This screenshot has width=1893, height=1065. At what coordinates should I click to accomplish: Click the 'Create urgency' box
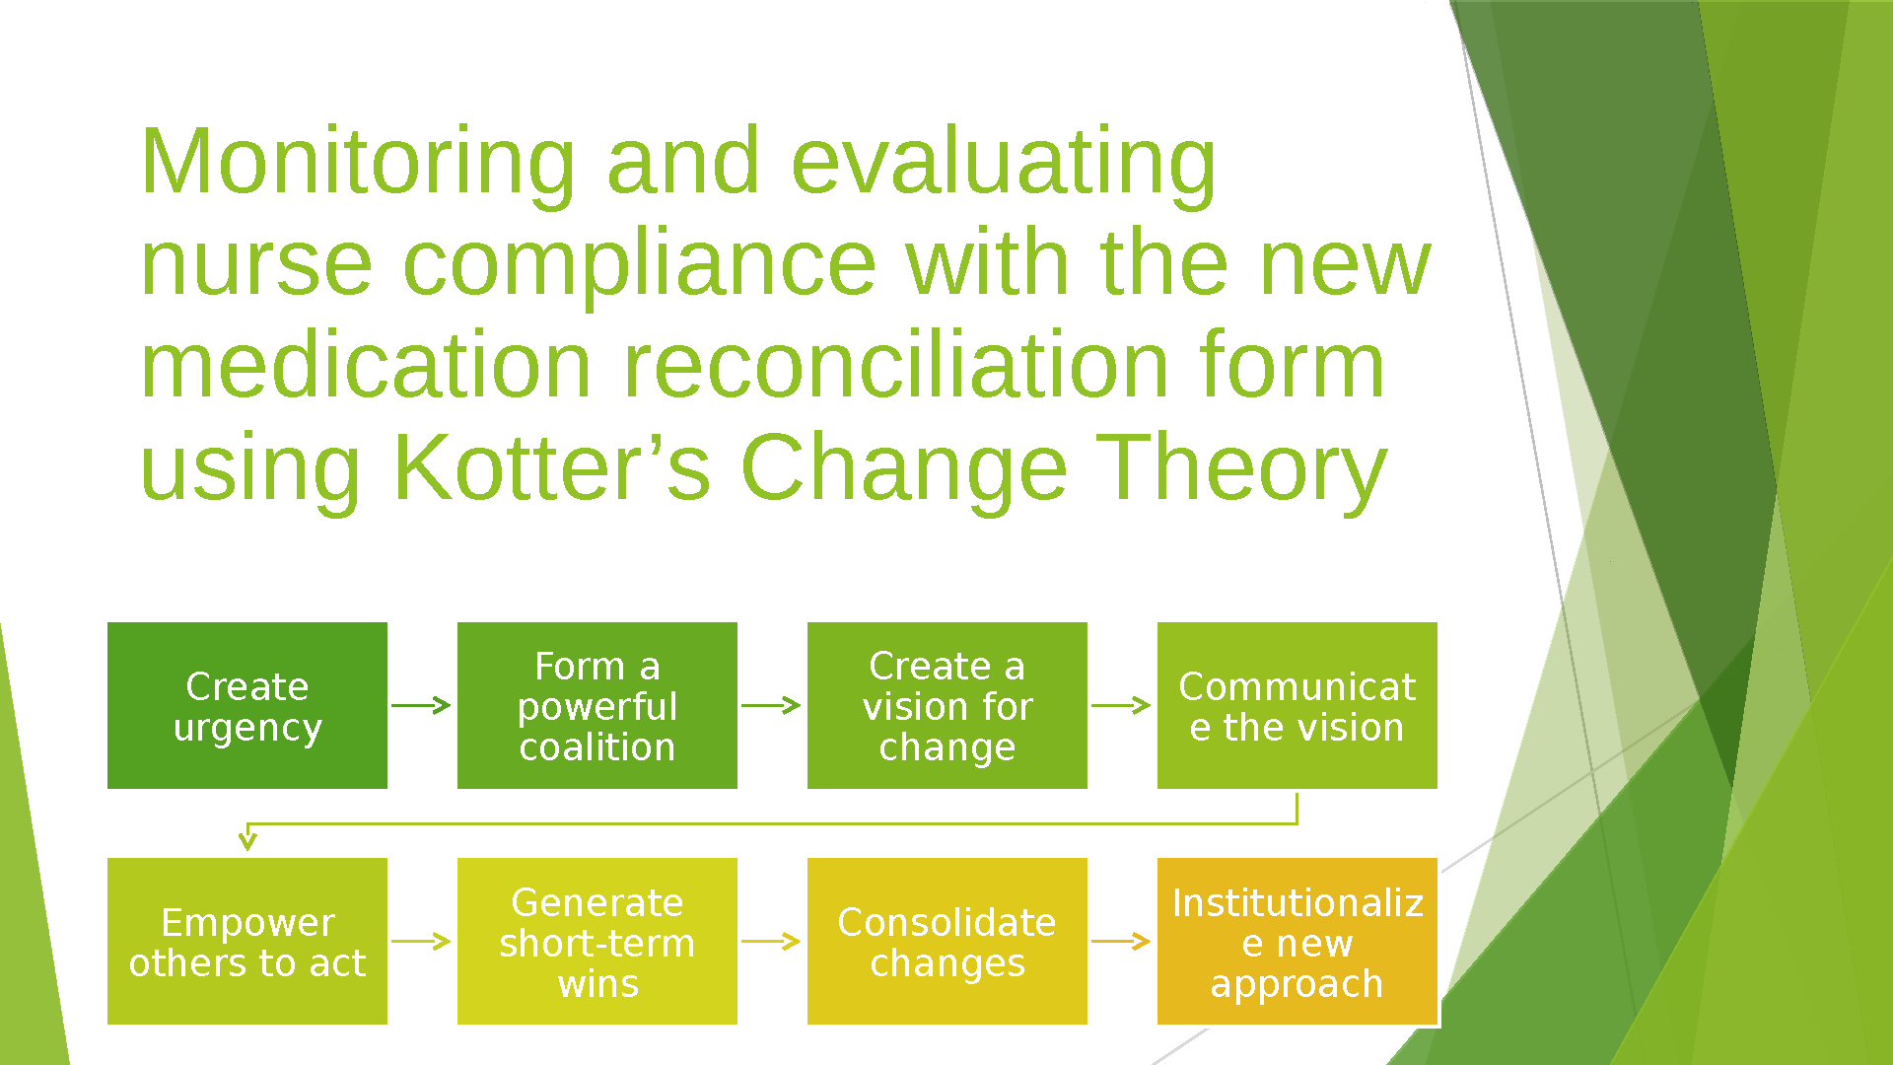point(247,705)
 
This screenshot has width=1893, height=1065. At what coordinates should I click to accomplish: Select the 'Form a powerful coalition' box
point(597,705)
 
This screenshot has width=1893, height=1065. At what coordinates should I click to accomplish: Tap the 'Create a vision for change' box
point(947,705)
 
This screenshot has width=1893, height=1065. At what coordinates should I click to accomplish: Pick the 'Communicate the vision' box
point(1297,705)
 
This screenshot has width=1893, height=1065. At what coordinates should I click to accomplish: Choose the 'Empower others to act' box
point(247,941)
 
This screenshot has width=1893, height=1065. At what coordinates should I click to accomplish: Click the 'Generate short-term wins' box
point(597,941)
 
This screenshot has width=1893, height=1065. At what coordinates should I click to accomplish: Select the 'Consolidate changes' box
point(947,941)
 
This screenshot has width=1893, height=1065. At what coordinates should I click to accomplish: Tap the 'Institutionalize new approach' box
point(1297,941)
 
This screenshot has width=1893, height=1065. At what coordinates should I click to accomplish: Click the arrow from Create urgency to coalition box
point(421,705)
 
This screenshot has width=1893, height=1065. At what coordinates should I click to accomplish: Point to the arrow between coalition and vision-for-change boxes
point(771,705)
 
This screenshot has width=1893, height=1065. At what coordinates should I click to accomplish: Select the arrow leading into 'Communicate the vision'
point(1121,705)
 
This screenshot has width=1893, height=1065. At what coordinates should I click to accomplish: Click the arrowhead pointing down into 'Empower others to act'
point(247,840)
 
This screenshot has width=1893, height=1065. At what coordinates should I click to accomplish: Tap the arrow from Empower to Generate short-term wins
point(421,941)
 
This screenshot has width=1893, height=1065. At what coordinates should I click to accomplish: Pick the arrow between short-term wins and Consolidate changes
point(771,941)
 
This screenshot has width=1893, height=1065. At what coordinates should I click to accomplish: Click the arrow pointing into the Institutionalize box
point(1121,941)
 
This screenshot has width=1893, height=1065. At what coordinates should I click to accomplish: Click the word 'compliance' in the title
point(640,266)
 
